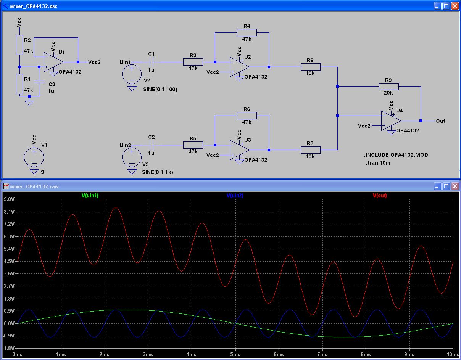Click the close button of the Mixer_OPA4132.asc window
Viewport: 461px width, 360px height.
tap(455, 6)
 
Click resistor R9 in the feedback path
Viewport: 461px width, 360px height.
tap(388, 86)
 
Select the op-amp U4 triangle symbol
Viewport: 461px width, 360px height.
tap(390, 121)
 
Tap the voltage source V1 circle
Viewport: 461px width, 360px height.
tap(34, 157)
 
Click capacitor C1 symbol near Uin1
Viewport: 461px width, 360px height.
tap(152, 62)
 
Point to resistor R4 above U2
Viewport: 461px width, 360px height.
tap(247, 33)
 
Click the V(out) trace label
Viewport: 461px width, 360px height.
tap(379, 196)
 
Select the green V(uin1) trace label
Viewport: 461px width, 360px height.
tap(90, 196)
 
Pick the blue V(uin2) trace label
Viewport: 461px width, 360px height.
tap(235, 196)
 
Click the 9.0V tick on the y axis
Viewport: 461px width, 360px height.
tap(9, 199)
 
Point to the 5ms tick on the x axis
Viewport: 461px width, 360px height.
tap(235, 355)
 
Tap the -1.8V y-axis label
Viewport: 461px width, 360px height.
tap(8, 349)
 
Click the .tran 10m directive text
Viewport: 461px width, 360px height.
tap(377, 163)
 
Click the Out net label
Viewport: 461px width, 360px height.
tap(440, 121)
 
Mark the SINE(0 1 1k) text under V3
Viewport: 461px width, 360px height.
tap(157, 172)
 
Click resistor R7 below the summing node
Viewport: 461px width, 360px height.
tap(310, 150)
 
